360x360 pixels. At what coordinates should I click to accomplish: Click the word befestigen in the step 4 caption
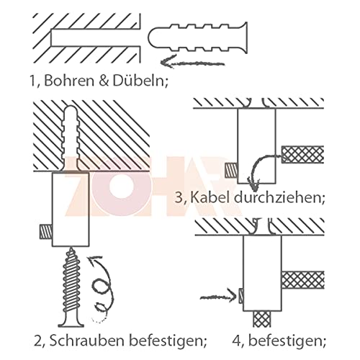288,340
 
